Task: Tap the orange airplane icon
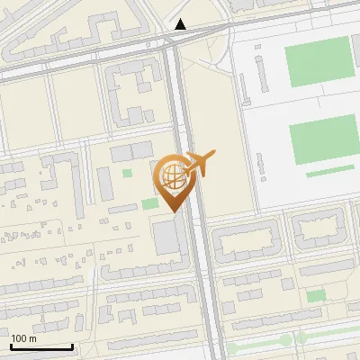[200, 164]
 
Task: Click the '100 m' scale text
[23, 337]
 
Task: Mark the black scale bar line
[41, 346]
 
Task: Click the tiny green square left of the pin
[127, 173]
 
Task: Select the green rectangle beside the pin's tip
[149, 203]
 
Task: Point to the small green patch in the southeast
[315, 296]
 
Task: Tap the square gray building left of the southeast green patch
[287, 284]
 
